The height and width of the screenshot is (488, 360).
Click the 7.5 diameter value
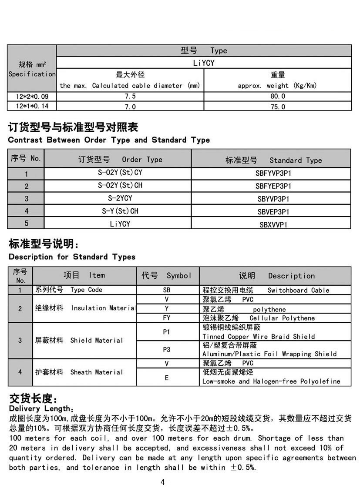[130, 96]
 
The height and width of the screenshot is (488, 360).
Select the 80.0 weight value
[277, 96]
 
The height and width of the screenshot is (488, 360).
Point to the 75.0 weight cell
[277, 107]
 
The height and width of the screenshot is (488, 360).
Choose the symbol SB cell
[167, 290]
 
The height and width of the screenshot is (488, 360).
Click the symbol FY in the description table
[167, 318]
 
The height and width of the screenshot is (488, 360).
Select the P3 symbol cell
[167, 349]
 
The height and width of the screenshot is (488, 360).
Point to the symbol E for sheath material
[167, 378]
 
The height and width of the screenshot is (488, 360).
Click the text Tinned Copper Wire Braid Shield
[259, 336]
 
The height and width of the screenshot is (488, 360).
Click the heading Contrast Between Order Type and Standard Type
[109, 140]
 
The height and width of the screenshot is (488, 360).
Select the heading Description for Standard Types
[72, 257]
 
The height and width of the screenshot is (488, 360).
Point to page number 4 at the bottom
[162, 481]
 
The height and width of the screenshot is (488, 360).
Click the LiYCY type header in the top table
[204, 63]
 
